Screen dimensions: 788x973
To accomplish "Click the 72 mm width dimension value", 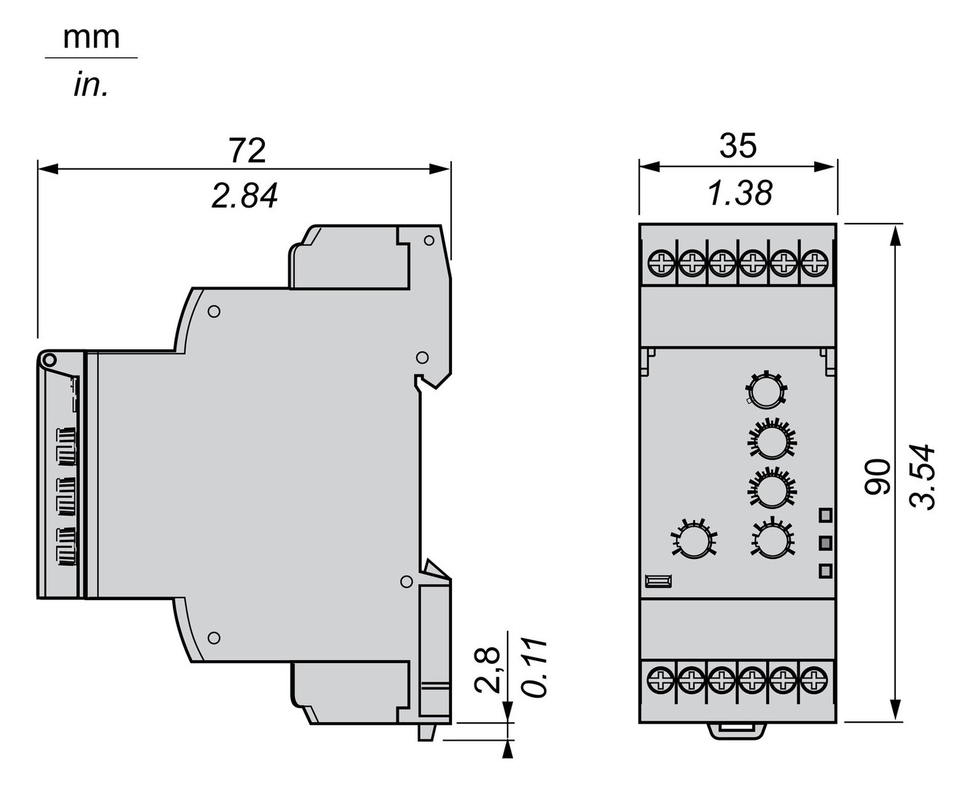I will tap(247, 150).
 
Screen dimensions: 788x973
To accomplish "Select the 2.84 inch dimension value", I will tap(245, 196).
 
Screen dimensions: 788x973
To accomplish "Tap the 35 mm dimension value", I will tap(738, 146).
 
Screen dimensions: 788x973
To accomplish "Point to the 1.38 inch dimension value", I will tap(739, 193).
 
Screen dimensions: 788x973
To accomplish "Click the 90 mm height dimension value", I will tap(878, 476).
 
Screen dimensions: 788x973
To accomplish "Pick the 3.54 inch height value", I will tap(923, 476).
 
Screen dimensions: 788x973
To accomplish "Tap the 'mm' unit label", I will tap(91, 38).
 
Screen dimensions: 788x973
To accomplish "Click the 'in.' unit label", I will tap(91, 86).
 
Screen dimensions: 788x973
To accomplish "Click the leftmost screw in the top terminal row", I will tap(661, 262).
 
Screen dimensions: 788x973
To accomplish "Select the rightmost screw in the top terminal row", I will tap(815, 262).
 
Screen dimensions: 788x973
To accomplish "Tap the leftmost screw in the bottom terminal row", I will tap(661, 679).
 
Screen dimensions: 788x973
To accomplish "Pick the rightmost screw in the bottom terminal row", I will tap(815, 679).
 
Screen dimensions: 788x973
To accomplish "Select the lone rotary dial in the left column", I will tap(693, 539).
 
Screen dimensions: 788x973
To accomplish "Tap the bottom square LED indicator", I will tap(825, 571).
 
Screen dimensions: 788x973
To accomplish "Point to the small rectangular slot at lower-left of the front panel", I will tap(658, 580).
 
